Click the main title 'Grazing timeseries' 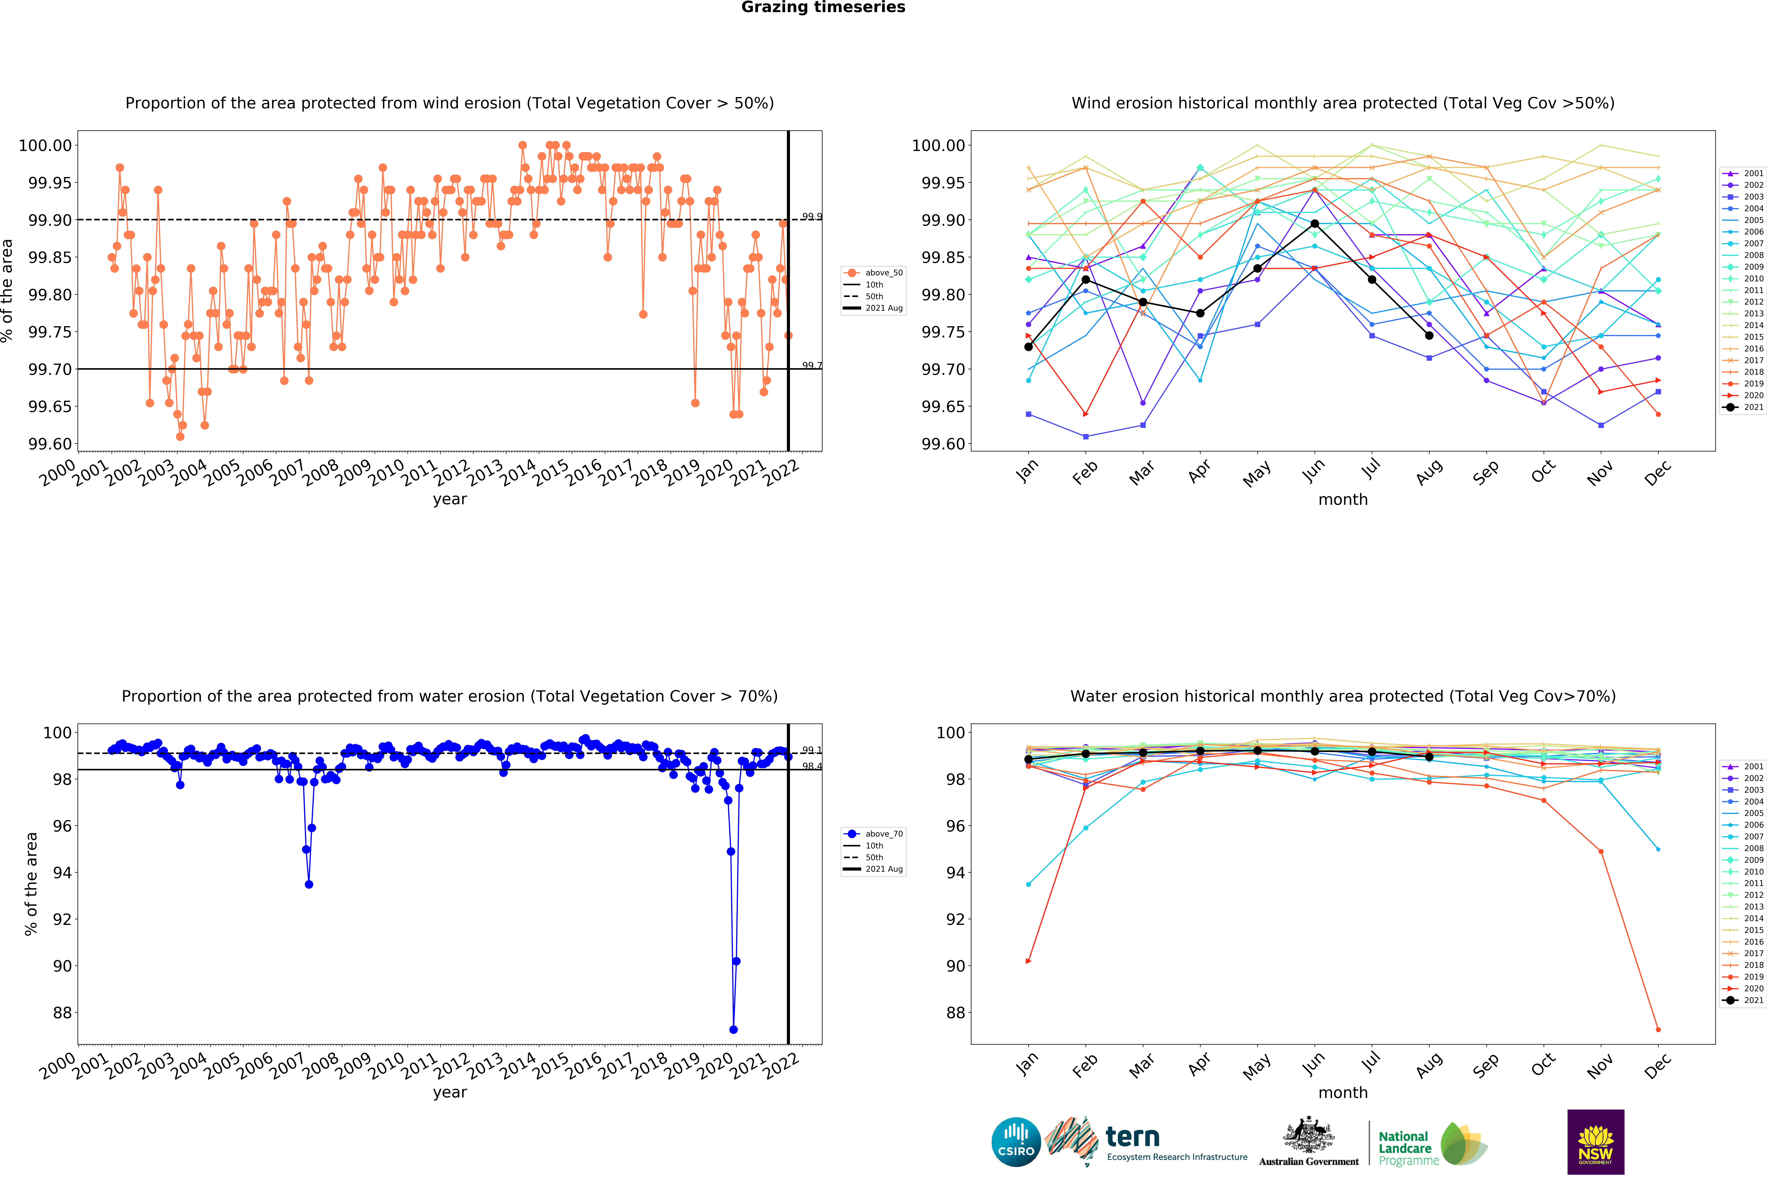click(x=823, y=8)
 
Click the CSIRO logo click(x=1016, y=1142)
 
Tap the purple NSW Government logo click(x=1595, y=1142)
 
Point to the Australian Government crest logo click(x=1309, y=1140)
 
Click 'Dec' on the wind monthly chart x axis click(x=1658, y=472)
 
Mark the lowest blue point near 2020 click(x=733, y=1030)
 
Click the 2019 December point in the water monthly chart click(x=1658, y=1030)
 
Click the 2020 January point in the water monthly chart click(x=1028, y=962)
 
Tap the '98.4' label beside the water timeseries click(x=812, y=767)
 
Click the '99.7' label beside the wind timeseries click(x=812, y=366)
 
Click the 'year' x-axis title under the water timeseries click(x=450, y=1093)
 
